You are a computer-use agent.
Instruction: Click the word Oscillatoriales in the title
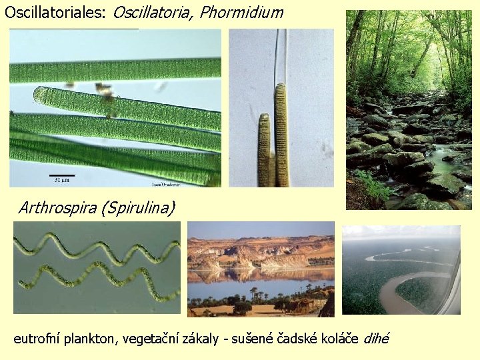55,12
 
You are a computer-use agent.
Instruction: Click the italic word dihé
376,339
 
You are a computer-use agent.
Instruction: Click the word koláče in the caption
338,339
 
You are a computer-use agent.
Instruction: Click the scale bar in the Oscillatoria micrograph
62,175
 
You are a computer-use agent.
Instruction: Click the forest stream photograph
409,110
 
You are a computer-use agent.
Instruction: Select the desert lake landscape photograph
261,269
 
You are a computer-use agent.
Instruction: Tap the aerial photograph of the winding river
401,270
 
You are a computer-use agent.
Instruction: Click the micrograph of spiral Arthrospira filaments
97,268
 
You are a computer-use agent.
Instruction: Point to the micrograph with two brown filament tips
281,108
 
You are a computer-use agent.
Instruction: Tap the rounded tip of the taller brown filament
281,87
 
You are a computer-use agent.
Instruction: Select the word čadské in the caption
295,339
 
